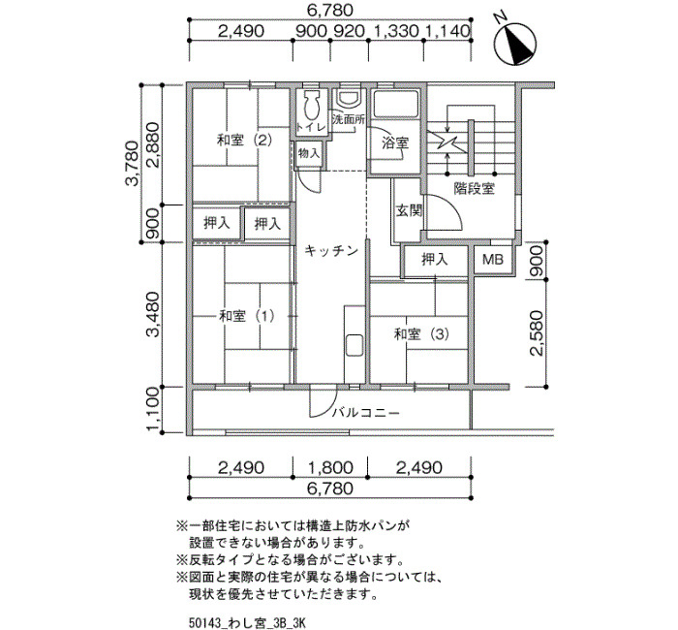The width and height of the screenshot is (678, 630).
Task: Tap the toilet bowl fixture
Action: coord(311,105)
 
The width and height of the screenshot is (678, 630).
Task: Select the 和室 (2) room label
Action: coord(244,141)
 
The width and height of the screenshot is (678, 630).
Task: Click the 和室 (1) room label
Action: coord(246,316)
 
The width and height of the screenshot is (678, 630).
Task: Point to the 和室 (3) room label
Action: coord(421,334)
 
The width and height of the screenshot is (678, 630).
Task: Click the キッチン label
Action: coord(331,250)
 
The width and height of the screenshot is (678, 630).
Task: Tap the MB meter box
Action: coord(493,260)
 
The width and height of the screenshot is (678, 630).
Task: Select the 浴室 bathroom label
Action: coord(395,142)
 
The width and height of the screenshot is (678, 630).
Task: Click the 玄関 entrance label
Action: coord(409,211)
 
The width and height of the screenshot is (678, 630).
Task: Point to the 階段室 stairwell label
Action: coord(475,189)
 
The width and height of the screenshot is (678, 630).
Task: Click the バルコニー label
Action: coord(366,413)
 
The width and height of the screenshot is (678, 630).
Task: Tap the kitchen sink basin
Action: coord(354,345)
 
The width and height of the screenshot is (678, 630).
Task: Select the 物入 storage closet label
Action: coord(309,153)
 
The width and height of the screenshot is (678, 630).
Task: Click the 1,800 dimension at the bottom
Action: coord(330,467)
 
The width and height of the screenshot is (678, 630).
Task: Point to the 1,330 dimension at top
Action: coord(395,31)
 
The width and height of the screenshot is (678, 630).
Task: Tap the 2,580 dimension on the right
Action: coord(537,333)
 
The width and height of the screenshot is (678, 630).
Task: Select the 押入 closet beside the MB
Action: coord(435,260)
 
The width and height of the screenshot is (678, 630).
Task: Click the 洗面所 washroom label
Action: coord(349,120)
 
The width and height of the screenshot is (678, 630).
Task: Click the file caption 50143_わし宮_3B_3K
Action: coord(247,622)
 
